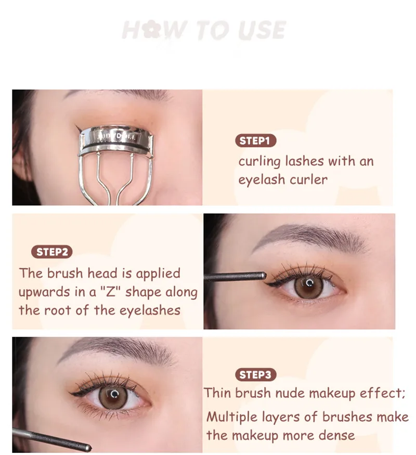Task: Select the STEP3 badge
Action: [x=255, y=374]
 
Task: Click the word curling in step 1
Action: [x=259, y=162]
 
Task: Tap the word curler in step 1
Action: [x=309, y=180]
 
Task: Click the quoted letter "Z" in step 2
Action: [x=111, y=292]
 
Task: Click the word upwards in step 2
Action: [x=44, y=292]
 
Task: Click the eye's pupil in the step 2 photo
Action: [x=309, y=284]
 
